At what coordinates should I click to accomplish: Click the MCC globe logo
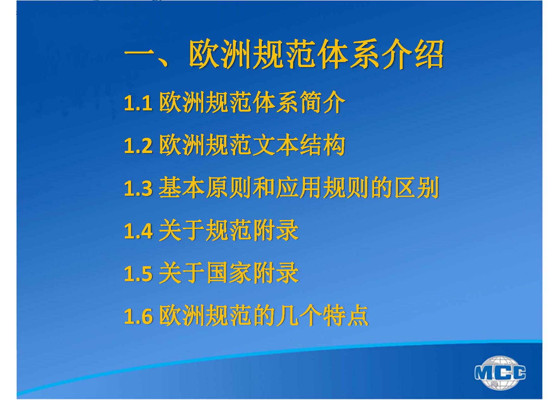(x=500, y=372)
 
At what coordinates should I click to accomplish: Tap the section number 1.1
(x=138, y=103)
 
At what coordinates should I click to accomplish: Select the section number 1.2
(x=138, y=146)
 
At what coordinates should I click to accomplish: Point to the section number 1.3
(x=138, y=188)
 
